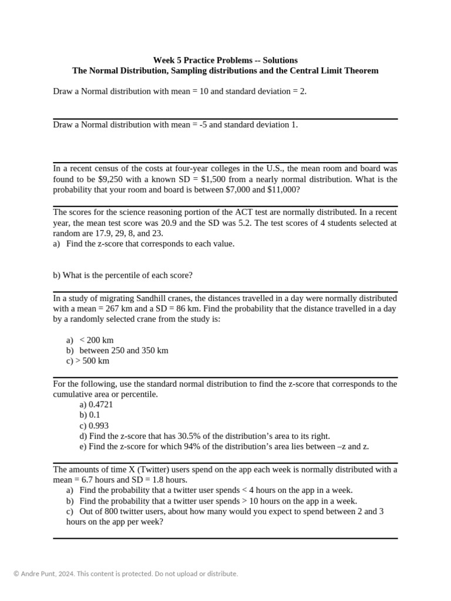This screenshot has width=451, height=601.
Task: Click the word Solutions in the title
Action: coord(280,60)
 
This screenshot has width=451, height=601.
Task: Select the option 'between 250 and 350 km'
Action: coord(124,350)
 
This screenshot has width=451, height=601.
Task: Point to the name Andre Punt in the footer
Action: coord(41,573)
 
